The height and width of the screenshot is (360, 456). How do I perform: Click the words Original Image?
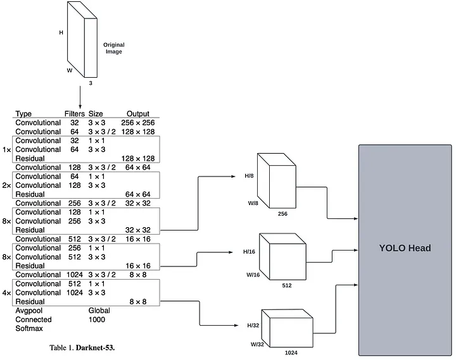pos(114,48)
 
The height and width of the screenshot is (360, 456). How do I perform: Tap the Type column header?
pos(23,114)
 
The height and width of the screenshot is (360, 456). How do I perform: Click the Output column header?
pos(137,114)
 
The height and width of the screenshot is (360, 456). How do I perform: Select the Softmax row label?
pos(29,328)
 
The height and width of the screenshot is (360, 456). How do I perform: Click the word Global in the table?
pos(99,311)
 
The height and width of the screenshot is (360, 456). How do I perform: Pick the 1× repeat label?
pos(7,150)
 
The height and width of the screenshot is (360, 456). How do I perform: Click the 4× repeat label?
pos(7,293)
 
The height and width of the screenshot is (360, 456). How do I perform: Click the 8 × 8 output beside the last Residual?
pos(137,302)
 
